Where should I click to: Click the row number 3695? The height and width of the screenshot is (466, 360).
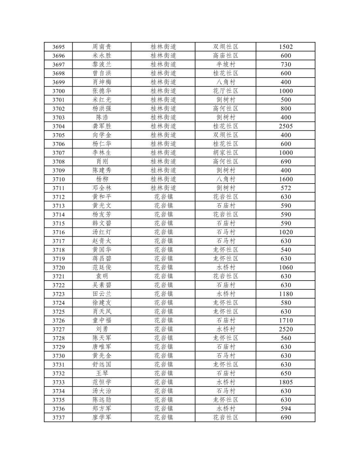tap(59, 47)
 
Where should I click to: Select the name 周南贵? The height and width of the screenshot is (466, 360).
tap(102, 47)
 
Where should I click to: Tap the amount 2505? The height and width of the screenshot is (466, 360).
tap(286, 126)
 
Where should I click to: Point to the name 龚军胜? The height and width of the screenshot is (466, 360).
tap(102, 126)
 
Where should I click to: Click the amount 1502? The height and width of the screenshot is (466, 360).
tap(286, 47)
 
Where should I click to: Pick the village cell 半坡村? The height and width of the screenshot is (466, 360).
tap(225, 65)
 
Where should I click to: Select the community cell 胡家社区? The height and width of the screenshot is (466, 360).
tap(225, 153)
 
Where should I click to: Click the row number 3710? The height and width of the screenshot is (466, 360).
tap(59, 179)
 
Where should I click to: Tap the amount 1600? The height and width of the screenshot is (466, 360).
tap(286, 179)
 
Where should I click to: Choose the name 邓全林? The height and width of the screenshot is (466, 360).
tap(102, 188)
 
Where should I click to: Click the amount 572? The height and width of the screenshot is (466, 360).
tap(286, 188)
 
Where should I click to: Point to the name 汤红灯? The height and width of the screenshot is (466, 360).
tap(102, 232)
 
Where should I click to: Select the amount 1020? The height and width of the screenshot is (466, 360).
tap(286, 232)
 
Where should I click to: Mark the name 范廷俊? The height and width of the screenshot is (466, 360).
tap(102, 268)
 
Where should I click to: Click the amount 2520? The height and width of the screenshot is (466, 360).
tap(286, 329)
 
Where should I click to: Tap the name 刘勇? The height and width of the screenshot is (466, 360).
tap(102, 329)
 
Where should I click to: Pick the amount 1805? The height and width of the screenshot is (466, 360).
tap(286, 382)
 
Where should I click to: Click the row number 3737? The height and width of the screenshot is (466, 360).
tap(59, 417)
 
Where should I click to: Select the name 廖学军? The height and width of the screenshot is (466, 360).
tap(102, 417)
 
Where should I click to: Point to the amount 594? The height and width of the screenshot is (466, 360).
tap(286, 409)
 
